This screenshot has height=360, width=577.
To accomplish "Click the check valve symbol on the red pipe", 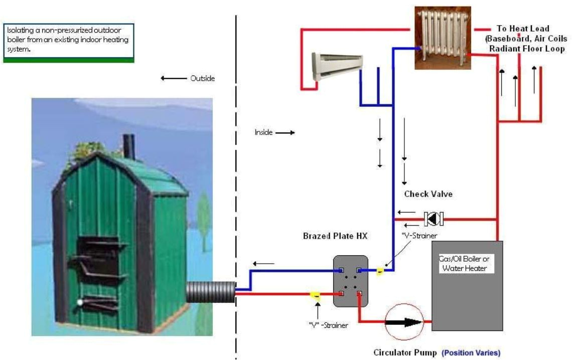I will coord(433,219).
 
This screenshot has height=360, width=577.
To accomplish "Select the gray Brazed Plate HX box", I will coord(351,281).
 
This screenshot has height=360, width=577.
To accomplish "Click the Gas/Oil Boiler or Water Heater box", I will coord(467,286).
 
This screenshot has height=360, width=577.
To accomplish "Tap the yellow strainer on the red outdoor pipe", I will coord(316,296).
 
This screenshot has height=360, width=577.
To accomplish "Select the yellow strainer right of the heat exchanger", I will coord(380,272).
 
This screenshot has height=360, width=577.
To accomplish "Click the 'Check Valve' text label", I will coord(424,194).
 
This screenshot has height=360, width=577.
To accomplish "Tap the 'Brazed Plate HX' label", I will coord(336,236).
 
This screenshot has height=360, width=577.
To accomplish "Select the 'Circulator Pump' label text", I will coord(405,352).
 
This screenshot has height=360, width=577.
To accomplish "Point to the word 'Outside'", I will coord(202,78).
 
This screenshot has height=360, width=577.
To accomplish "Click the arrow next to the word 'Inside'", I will coord(284,133).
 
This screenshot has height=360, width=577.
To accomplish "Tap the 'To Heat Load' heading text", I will coord(523,29).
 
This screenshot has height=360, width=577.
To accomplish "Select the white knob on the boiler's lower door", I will coord(80,302).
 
